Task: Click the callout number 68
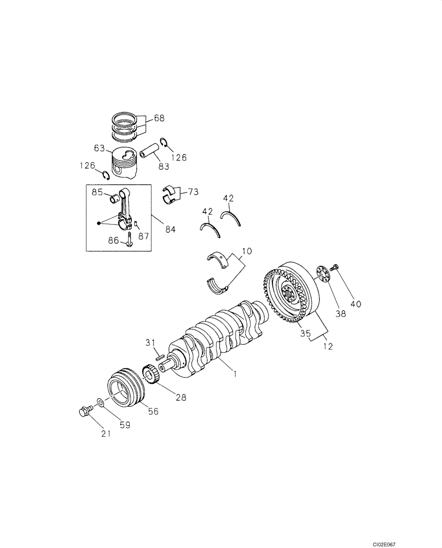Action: (159, 118)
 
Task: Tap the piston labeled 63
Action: (124, 163)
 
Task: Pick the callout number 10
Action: (247, 251)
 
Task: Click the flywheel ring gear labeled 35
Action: (287, 296)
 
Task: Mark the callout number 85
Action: (97, 192)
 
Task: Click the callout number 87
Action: (143, 236)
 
